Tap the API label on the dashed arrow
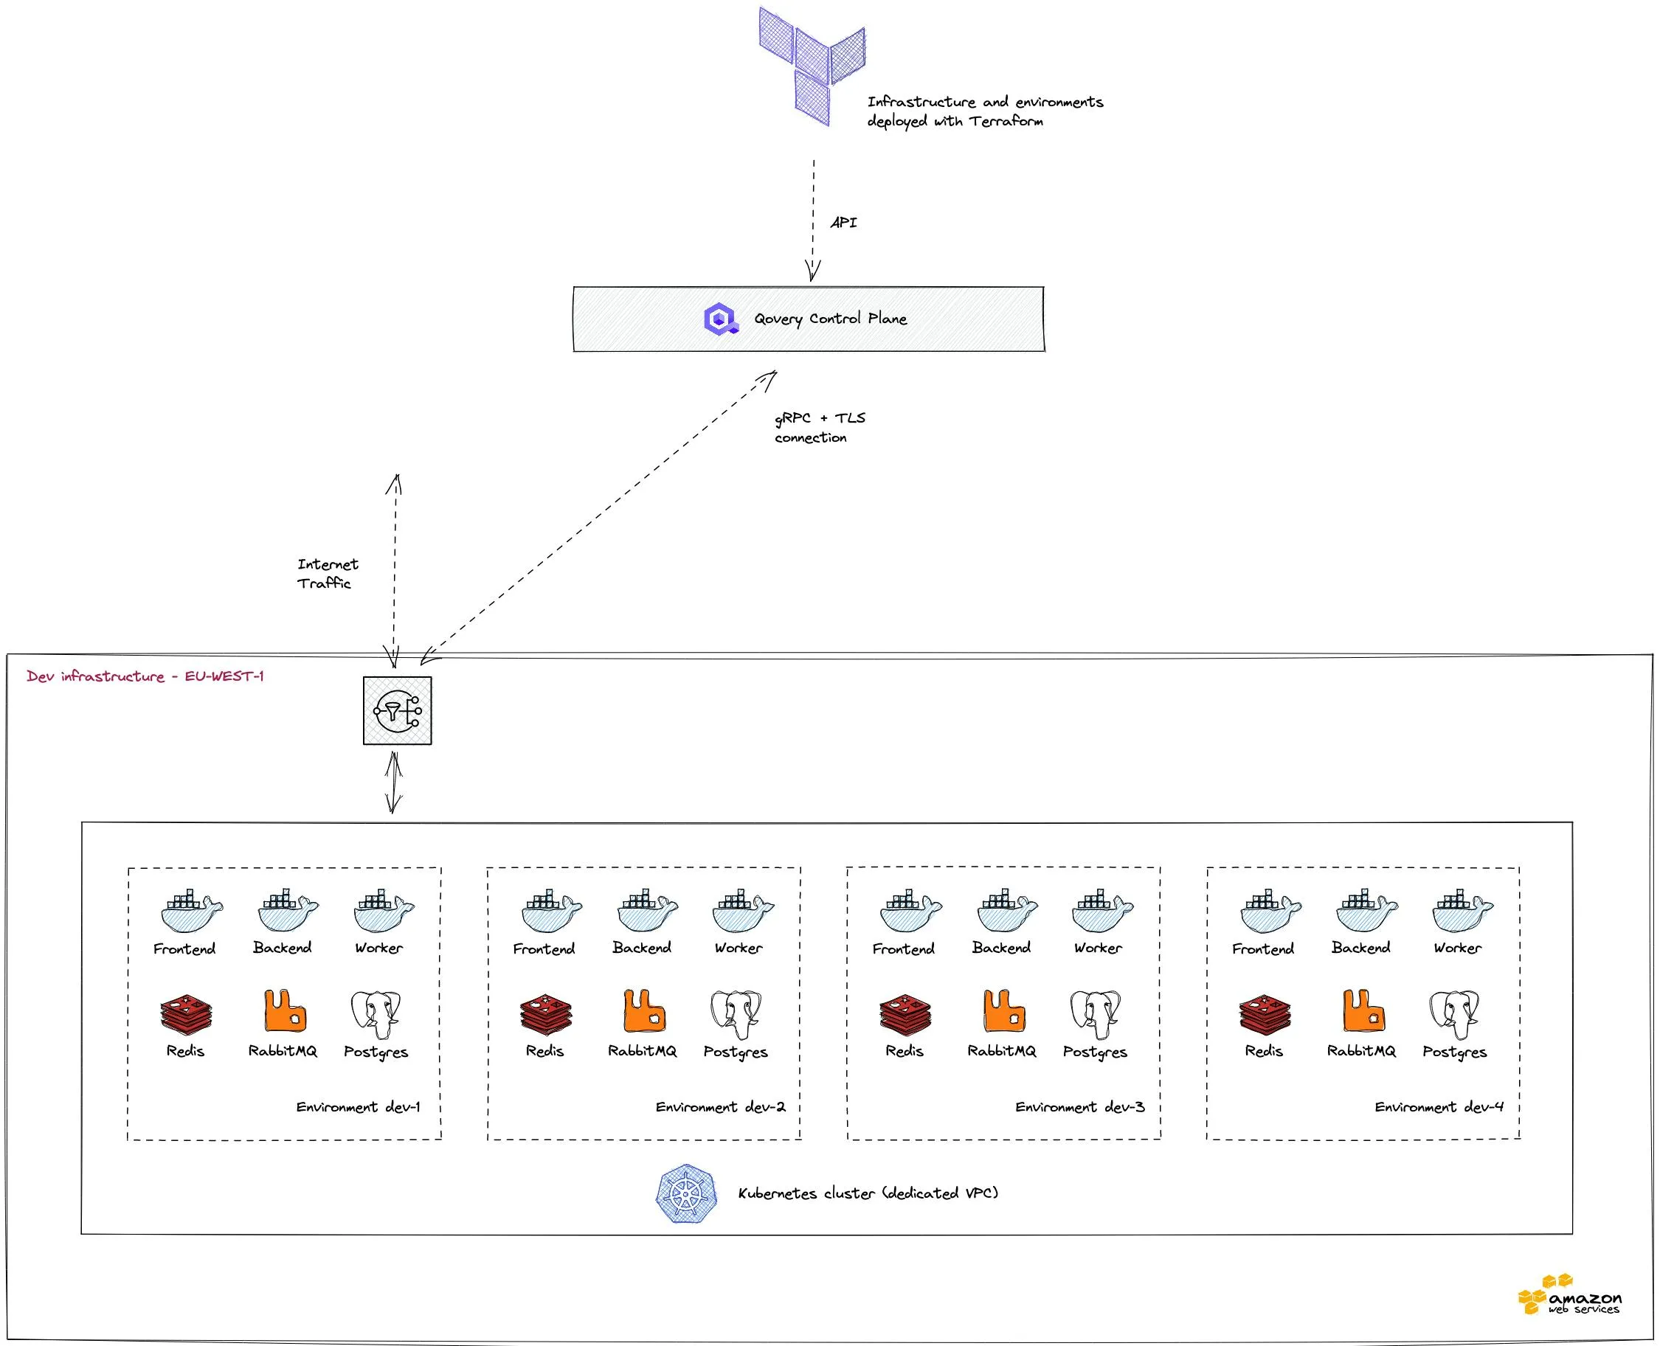click(843, 223)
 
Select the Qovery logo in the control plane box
click(721, 319)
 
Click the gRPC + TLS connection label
click(819, 427)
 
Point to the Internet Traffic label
click(328, 574)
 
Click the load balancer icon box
click(397, 710)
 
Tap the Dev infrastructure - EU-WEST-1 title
click(145, 676)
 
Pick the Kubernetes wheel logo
click(685, 1193)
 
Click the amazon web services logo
click(1569, 1296)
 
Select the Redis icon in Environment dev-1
click(185, 1013)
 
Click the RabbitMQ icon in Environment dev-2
click(644, 1010)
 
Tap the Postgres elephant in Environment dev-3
click(1096, 1013)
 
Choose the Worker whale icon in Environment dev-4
click(1462, 911)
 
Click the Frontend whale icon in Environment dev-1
click(191, 911)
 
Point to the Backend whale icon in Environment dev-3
click(1006, 911)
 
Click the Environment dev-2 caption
click(720, 1107)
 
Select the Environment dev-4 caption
click(1439, 1107)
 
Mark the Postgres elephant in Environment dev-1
click(376, 1013)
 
